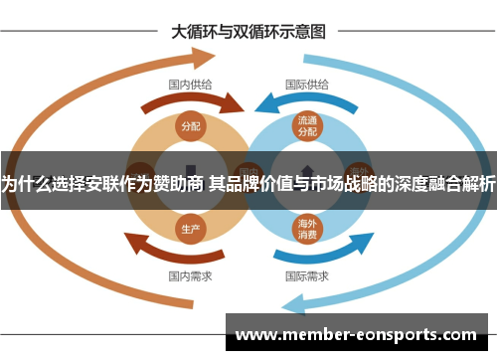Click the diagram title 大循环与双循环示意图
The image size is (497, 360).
pos(248,31)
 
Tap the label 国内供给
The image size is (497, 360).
pos(189,85)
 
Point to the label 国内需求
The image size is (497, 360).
pos(189,274)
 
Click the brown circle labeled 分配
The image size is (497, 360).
pos(190,126)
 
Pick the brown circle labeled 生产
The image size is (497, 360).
pos(190,229)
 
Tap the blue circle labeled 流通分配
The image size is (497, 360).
pos(306,126)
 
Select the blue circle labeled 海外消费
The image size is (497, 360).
pos(306,229)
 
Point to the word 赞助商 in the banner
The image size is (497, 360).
pos(177,183)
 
